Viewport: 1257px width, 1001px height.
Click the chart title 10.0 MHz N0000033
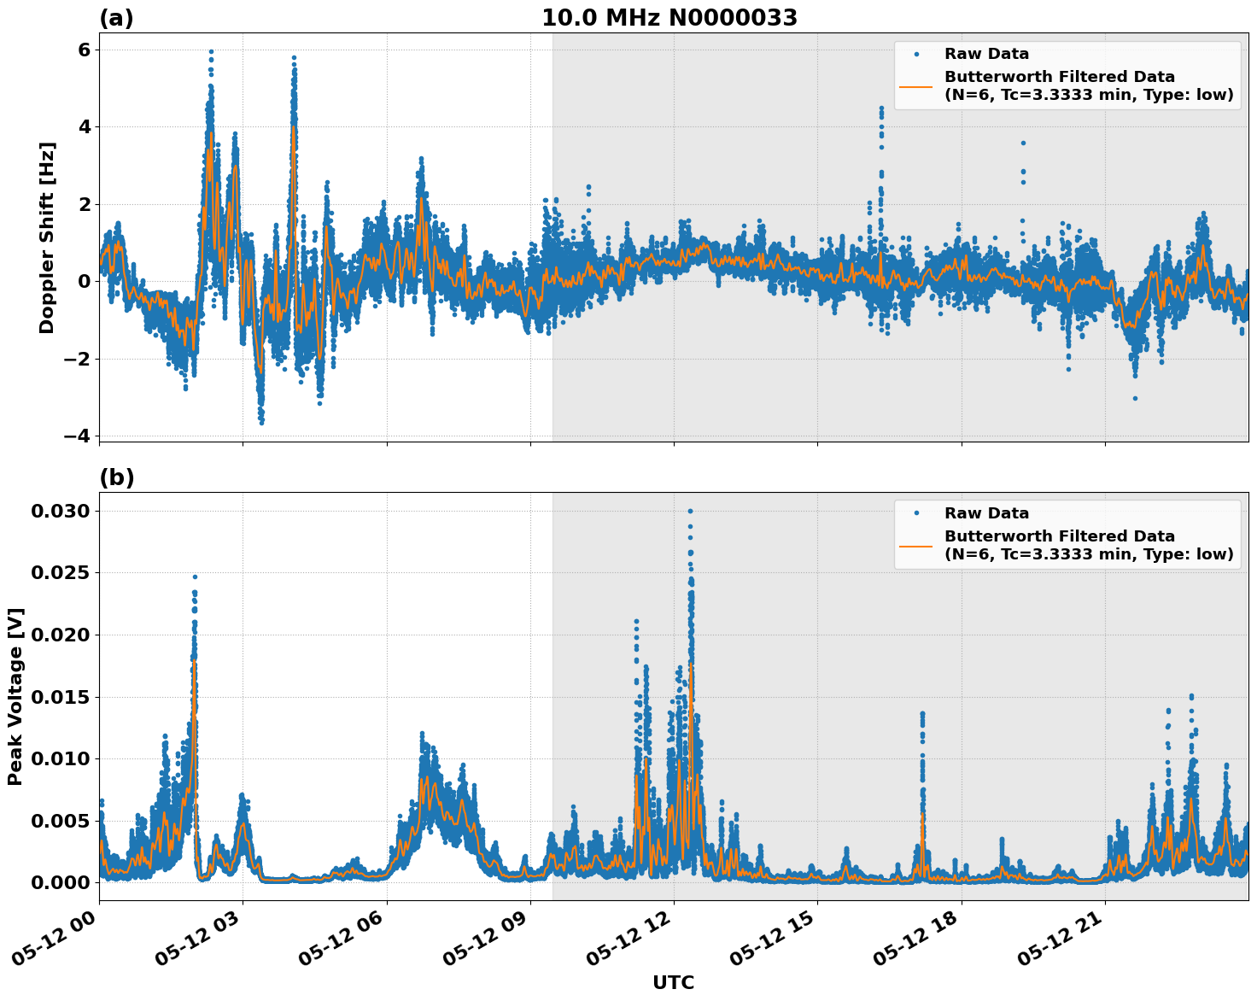[x=669, y=18]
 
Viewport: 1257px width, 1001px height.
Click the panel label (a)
[x=116, y=18]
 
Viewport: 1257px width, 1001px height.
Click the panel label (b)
[x=116, y=477]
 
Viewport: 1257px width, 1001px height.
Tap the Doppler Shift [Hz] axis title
[x=47, y=237]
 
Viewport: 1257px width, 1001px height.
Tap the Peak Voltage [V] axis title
[x=15, y=696]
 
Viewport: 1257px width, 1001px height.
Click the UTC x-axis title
[x=673, y=982]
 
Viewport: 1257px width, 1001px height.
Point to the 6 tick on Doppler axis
[x=84, y=50]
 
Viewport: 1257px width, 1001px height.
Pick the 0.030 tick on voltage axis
[x=60, y=511]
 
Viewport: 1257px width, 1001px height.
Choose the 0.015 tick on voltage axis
[x=60, y=697]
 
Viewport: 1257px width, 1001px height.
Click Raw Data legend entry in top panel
[x=986, y=54]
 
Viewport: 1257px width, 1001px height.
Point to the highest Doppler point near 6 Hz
[x=211, y=51]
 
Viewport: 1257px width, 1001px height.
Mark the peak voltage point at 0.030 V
[x=690, y=511]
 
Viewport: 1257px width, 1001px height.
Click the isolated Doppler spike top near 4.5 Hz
[x=881, y=108]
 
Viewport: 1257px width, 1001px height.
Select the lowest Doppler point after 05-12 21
[x=1135, y=398]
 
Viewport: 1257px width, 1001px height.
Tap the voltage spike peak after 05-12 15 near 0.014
[x=921, y=713]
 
